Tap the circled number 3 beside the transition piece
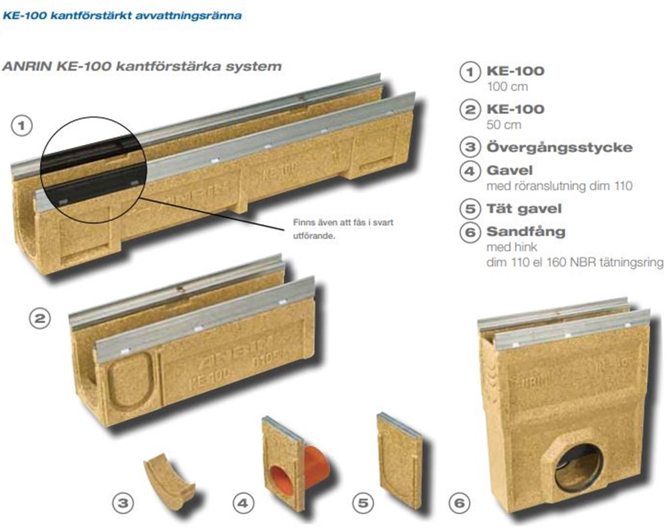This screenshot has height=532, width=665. click(123, 503)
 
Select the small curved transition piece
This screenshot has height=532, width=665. click(169, 482)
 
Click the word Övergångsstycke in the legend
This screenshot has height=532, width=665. click(559, 148)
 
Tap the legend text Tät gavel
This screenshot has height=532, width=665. click(524, 209)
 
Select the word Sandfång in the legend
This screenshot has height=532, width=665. click(526, 231)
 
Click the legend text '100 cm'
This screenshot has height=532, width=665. click(507, 87)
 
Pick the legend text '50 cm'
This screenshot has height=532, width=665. click(504, 125)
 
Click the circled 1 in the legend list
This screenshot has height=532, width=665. click(470, 71)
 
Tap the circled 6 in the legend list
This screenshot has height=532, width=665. click(470, 232)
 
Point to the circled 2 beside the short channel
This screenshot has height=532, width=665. click(40, 318)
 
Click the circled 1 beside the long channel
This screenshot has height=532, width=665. click(22, 126)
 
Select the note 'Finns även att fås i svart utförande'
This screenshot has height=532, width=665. click(343, 229)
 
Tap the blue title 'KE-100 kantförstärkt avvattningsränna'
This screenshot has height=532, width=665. click(122, 16)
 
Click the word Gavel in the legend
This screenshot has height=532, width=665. click(509, 170)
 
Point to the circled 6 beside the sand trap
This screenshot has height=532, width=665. click(460, 503)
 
